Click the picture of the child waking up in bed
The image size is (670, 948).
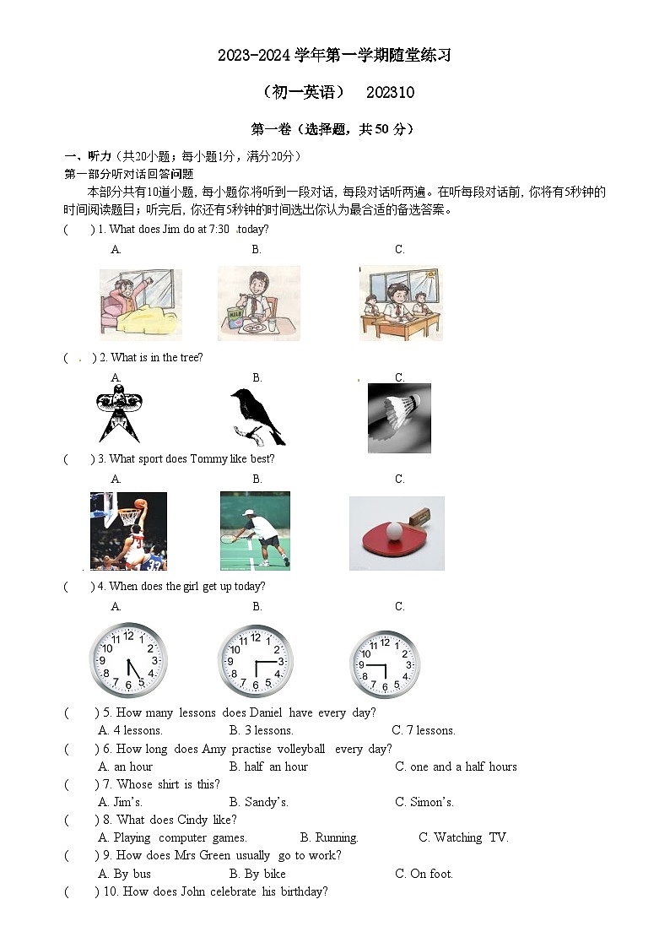tap(140, 303)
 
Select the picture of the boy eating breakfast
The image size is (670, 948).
tap(258, 303)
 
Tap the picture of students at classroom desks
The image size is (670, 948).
tap(400, 303)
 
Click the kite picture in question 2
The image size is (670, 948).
tap(119, 413)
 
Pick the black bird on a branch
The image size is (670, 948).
tap(257, 416)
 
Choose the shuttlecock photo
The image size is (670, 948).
tap(399, 418)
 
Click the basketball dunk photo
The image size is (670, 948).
tap(128, 531)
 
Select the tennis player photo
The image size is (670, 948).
tap(255, 531)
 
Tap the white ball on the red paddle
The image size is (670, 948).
tap(394, 530)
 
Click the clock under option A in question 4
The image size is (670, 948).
tap(128, 660)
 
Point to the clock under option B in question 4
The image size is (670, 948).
tap(256, 661)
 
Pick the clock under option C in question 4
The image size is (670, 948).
tap(384, 664)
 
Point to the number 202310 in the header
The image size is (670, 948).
tap(391, 92)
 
